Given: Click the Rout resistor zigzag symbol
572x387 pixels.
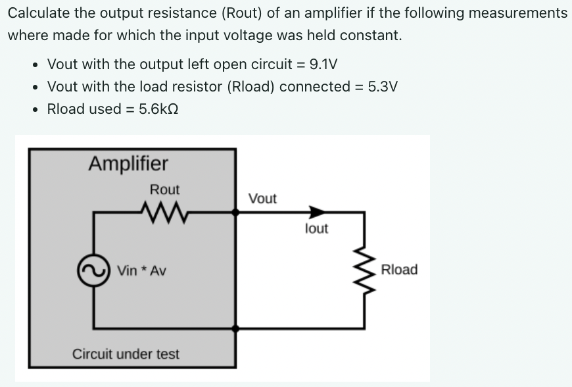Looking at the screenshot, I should [160, 212].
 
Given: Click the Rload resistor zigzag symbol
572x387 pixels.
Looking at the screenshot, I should [366, 270].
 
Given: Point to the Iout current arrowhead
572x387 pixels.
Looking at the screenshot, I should [317, 212].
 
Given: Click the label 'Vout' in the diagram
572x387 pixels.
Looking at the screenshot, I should [262, 198].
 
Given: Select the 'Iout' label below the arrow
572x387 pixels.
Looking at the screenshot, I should [317, 229].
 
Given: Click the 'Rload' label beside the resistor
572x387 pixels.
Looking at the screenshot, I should [399, 270].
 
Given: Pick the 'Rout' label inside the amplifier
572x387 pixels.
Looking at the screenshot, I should [164, 190].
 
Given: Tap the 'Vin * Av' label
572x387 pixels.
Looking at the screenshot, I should [141, 271].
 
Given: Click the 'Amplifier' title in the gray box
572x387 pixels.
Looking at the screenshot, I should [128, 163].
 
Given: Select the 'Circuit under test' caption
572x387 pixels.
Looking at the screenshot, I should [126, 354].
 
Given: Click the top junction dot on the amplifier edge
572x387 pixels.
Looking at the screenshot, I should [235, 212].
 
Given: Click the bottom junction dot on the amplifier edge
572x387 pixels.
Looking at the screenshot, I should [235, 328].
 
